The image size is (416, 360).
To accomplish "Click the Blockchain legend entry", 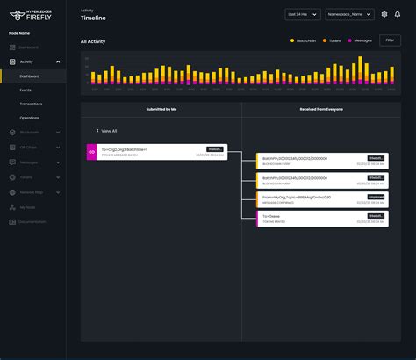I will click(x=305, y=41).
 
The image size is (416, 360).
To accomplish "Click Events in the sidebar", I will click(x=25, y=90).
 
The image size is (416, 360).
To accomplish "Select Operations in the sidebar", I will click(x=29, y=117).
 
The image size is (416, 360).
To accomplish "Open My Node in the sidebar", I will click(x=27, y=207).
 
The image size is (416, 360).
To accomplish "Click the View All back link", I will click(x=107, y=130).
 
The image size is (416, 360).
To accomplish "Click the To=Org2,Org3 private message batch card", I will click(x=156, y=152).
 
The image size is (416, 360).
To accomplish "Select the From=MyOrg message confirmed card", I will click(x=321, y=199).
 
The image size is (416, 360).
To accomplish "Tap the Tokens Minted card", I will click(x=321, y=218).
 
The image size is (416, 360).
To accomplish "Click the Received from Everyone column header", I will click(x=321, y=109).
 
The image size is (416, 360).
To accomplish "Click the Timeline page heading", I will click(x=93, y=18).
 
